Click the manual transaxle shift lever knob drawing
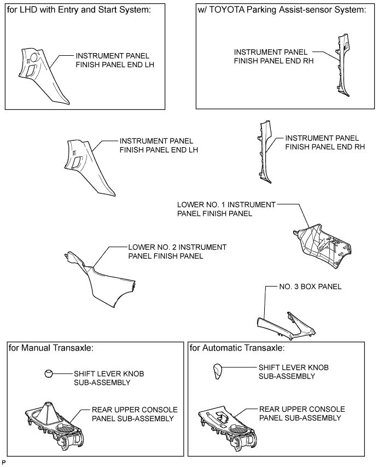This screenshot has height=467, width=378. [49, 373]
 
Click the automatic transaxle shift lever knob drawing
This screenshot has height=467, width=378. [218, 371]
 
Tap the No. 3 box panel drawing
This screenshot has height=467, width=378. [286, 326]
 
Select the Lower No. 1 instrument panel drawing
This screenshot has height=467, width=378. [322, 246]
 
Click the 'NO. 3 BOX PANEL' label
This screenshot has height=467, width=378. [310, 287]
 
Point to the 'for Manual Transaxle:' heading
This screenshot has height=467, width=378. [51, 348]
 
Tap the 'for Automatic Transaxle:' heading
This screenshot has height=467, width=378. [237, 348]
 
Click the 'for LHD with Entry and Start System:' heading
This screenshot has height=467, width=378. [79, 10]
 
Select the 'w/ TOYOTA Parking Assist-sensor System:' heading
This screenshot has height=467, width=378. [282, 10]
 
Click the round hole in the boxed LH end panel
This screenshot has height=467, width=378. [34, 57]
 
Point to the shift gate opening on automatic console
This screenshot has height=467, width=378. [223, 416]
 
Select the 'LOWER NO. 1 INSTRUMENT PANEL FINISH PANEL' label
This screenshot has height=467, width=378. [226, 209]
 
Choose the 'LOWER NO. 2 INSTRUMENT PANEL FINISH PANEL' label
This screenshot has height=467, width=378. [177, 252]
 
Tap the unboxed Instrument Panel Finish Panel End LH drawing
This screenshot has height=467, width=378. [89, 167]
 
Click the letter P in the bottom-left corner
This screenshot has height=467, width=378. [3, 463]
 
